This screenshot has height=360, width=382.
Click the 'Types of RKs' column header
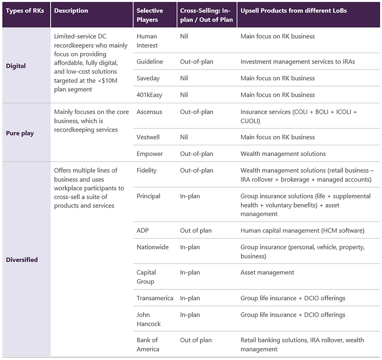click(25, 11)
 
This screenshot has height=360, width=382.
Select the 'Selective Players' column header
click(150, 15)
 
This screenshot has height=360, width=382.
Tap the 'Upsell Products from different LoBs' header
click(294, 11)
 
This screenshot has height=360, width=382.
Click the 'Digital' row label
click(16, 66)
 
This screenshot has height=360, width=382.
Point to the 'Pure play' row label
click(20, 133)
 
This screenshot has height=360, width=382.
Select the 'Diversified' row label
click(22, 260)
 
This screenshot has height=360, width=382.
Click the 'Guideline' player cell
click(150, 62)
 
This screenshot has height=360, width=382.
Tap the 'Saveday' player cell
click(148, 78)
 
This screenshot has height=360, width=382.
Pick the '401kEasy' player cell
click(149, 95)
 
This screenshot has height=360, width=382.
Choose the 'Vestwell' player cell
click(148, 137)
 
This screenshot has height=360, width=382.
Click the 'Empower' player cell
click(149, 153)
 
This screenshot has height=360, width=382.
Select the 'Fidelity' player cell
click(147, 170)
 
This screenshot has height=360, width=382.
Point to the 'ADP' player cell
click(143, 230)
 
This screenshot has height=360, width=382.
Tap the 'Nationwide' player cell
click(152, 247)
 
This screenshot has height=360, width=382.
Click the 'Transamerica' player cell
click(155, 298)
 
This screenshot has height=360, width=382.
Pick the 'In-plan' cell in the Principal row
click(190, 196)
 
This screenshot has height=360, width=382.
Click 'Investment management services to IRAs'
click(297, 62)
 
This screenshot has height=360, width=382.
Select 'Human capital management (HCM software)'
click(303, 230)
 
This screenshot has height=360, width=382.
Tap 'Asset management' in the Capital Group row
click(267, 273)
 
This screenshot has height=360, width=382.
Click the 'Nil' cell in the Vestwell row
click(184, 137)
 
